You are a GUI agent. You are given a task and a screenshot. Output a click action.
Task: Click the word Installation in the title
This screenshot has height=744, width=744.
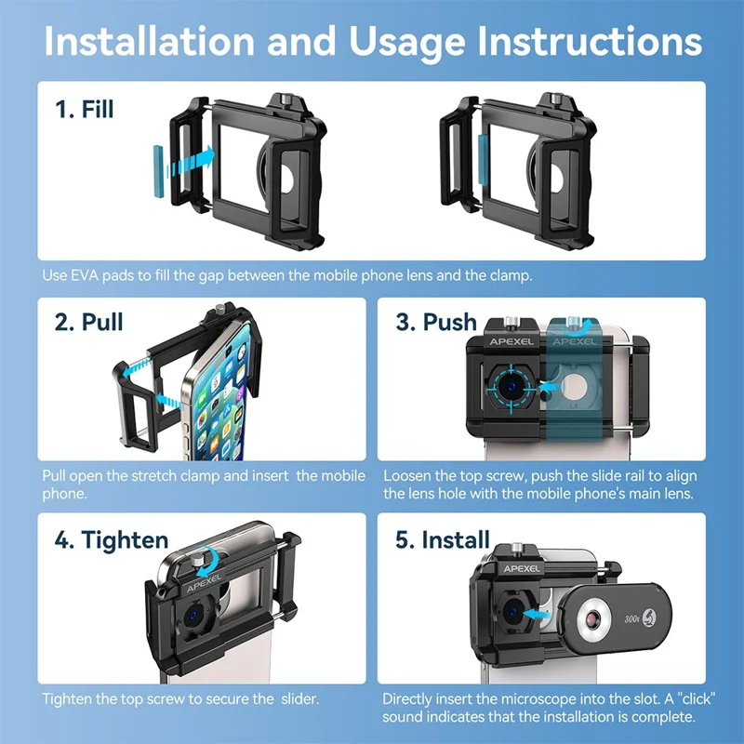150,42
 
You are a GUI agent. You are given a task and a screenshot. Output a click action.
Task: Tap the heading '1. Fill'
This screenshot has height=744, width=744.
85,109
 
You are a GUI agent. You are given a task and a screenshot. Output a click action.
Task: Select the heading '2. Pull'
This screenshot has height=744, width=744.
88,322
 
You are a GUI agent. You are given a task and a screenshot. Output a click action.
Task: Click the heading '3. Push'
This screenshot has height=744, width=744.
436,322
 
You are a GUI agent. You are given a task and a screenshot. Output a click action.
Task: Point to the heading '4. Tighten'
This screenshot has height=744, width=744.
112,540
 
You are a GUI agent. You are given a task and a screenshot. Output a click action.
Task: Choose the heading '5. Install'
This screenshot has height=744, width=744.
443,540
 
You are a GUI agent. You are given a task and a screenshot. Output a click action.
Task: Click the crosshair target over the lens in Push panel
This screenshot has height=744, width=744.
511,388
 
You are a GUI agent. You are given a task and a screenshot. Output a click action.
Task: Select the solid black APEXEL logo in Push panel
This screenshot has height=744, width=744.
511,341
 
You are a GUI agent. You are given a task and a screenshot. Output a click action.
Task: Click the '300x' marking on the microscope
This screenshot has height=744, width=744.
631,618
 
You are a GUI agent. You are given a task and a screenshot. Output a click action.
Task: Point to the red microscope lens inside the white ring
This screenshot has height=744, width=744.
592,619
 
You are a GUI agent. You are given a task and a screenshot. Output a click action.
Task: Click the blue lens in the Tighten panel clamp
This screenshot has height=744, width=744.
193,616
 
